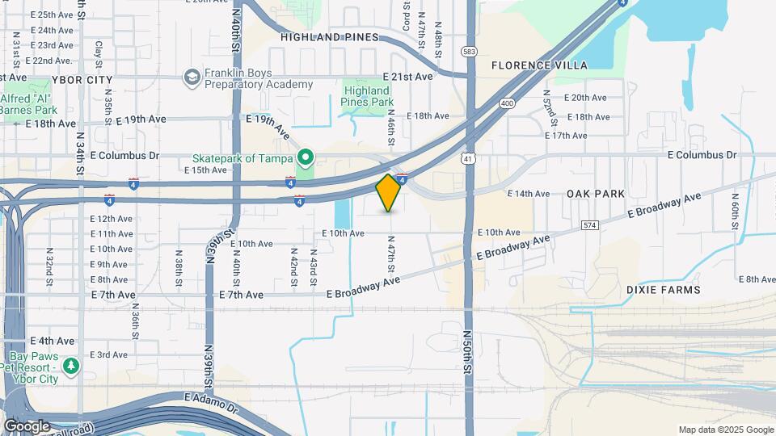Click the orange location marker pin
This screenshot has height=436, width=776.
coord(389,192)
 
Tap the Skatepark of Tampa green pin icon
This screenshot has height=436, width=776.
coord(305,157)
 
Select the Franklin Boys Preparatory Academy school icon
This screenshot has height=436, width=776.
coord(192,77)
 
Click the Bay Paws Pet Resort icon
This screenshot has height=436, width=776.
coord(71,367)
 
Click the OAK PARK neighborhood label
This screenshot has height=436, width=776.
coord(596,194)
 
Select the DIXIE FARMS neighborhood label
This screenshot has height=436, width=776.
coord(663,289)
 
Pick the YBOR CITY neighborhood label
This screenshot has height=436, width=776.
coord(82,80)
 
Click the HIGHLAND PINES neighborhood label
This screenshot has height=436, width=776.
coord(330,37)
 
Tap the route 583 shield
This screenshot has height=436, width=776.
coord(470,52)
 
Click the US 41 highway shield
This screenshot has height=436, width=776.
coord(468,159)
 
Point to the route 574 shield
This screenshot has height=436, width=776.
coord(589,224)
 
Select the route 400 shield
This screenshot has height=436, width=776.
coord(507,103)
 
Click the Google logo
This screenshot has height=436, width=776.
coord(27,426)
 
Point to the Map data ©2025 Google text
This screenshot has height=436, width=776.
coord(725,430)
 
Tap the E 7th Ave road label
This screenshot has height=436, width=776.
coord(113,295)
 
